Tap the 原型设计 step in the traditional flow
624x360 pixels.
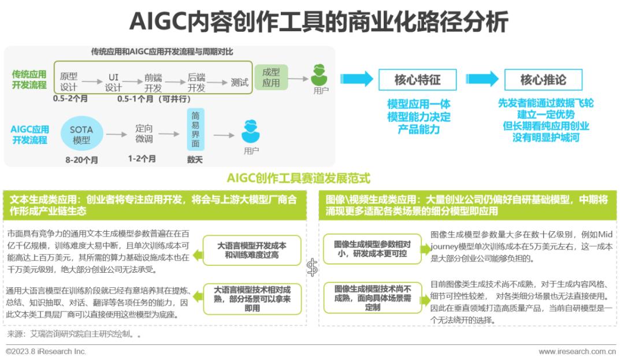(69, 82)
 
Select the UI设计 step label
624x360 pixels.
(113, 82)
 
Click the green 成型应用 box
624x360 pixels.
(271, 77)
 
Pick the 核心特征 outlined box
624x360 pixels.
(417, 80)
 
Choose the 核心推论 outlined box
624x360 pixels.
(543, 80)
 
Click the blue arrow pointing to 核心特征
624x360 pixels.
(356, 79)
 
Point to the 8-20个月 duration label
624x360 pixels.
(81, 159)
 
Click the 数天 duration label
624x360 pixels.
(195, 159)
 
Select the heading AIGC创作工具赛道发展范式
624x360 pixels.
(298, 178)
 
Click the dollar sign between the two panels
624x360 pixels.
(312, 266)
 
